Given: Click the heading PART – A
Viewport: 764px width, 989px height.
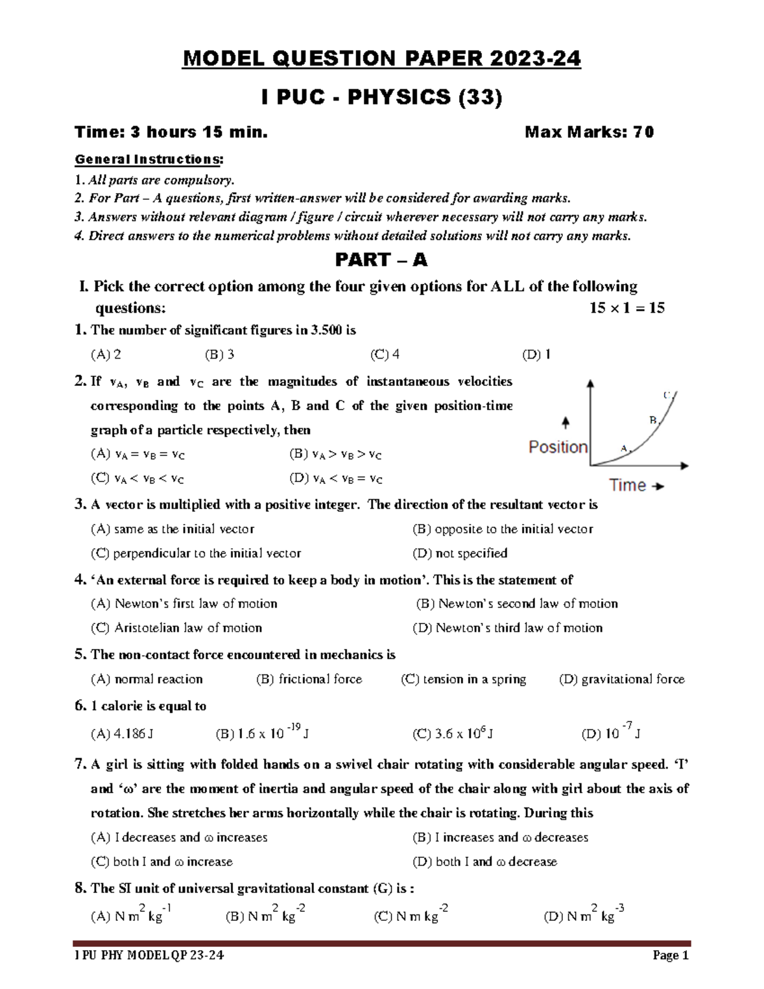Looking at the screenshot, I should click(381, 260).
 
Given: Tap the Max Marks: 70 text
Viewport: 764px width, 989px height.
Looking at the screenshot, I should click(589, 132).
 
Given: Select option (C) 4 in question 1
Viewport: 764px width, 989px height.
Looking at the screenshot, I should click(385, 355).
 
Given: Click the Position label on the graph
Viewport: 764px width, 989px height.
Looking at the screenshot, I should click(558, 447).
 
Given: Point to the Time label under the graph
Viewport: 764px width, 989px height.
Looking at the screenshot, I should click(628, 485).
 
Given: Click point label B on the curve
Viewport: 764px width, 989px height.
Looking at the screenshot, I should click(653, 420).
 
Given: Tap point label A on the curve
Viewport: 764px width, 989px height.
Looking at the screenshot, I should click(624, 448).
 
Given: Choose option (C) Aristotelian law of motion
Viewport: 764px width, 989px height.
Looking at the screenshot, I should click(176, 628).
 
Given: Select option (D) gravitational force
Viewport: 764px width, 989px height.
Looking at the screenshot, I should click(621, 679).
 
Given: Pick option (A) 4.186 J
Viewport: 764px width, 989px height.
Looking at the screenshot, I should click(122, 734).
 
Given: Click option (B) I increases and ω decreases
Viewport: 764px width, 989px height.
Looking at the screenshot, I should click(500, 837).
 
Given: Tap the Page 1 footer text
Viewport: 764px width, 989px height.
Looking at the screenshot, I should click(670, 955).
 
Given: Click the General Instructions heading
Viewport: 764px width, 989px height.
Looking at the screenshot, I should click(149, 159).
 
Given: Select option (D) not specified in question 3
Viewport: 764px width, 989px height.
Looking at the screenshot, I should click(460, 553).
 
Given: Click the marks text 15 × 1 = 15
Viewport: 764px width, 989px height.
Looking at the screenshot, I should click(626, 308).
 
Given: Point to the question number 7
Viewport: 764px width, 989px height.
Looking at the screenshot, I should click(80, 764).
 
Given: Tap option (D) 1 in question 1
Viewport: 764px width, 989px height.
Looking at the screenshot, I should click(536, 355).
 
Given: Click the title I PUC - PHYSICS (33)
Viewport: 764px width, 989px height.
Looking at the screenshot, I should click(381, 97).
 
